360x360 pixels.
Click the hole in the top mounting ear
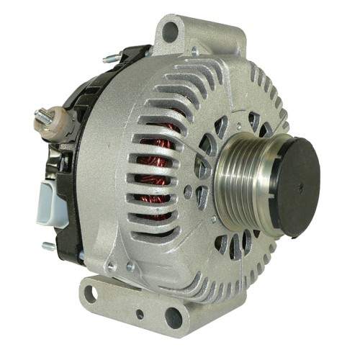[x=171, y=31]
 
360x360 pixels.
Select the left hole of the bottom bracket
[x=90, y=293]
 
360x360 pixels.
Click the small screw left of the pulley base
[x=188, y=192]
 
